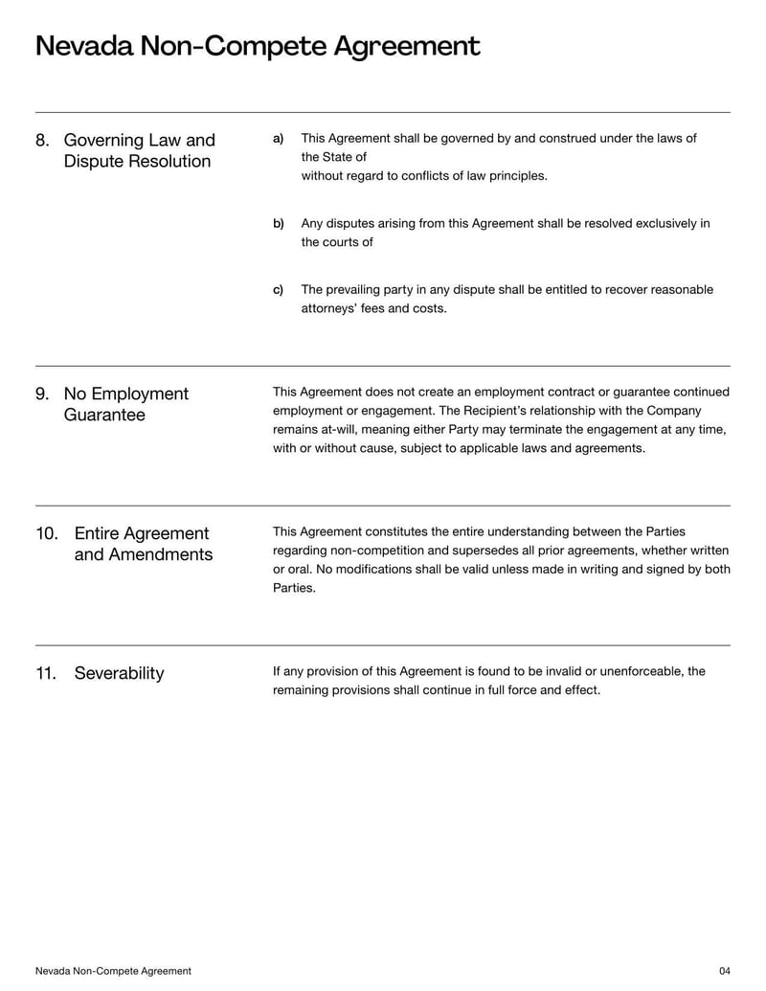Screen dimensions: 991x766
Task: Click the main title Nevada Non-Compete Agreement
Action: [x=258, y=46]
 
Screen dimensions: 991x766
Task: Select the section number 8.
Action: [x=42, y=141]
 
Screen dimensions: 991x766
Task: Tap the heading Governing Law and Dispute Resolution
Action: [x=139, y=151]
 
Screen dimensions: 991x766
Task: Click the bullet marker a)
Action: [x=279, y=139]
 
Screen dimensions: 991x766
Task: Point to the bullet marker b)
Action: [x=279, y=224]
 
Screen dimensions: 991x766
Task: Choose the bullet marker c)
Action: [x=279, y=290]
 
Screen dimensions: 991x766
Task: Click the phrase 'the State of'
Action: [x=333, y=157]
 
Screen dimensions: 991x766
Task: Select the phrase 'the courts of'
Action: [x=337, y=242]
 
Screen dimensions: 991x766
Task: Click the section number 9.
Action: [x=42, y=394]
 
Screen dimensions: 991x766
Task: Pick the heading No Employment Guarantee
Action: [x=125, y=404]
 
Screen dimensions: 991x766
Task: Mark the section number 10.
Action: [x=47, y=533]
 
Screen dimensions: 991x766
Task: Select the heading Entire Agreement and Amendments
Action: [x=143, y=544]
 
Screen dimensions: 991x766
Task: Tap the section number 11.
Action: [x=47, y=673]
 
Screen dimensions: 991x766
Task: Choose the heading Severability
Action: [x=119, y=673]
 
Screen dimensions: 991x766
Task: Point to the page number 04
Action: [x=724, y=971]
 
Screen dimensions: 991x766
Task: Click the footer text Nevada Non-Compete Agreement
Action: [x=113, y=971]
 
